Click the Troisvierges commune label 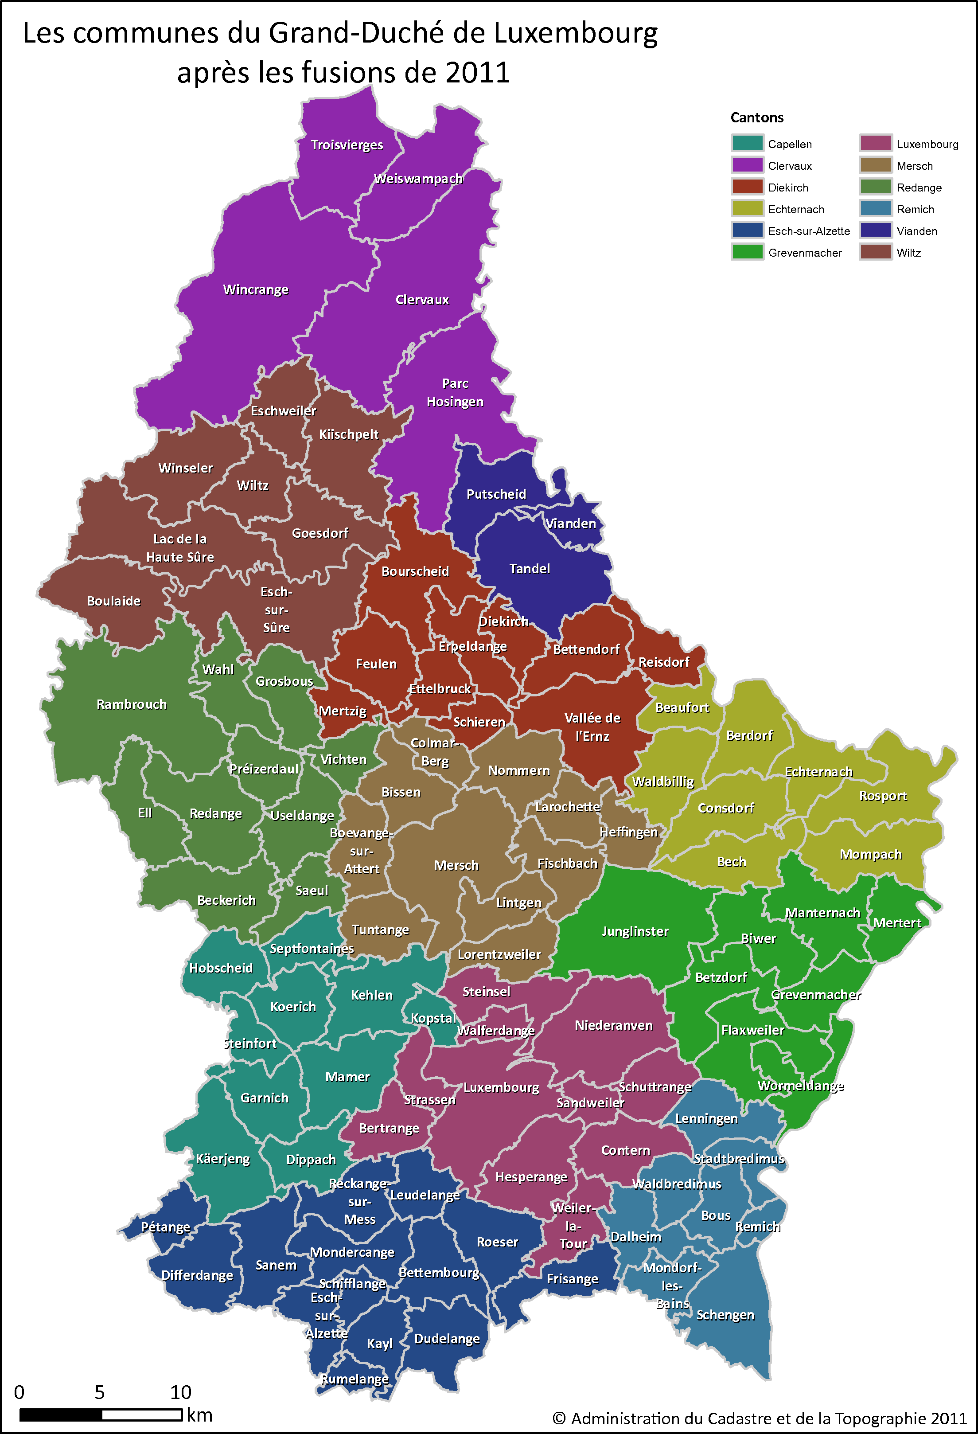click(x=347, y=145)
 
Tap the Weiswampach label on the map click(x=418, y=179)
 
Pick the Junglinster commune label click(x=635, y=932)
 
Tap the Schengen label click(x=725, y=1315)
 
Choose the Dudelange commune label click(x=447, y=1339)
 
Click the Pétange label click(x=165, y=1227)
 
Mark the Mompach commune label click(x=871, y=855)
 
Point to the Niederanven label click(x=613, y=1025)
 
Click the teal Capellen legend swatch click(x=747, y=144)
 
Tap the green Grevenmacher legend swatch click(x=747, y=252)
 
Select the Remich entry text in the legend click(x=915, y=210)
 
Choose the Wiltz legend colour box click(x=876, y=252)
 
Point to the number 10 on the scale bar click(x=181, y=1393)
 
